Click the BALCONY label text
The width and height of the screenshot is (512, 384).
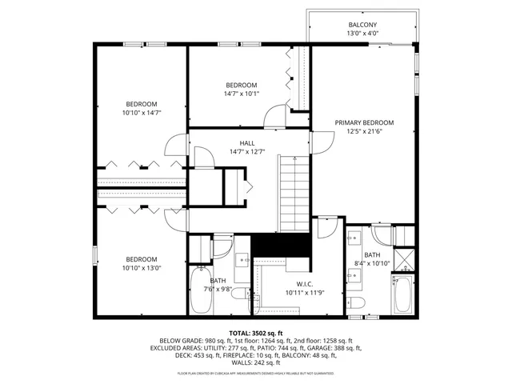pyautogui.click(x=362, y=25)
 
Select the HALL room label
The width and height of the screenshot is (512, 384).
pyautogui.click(x=235, y=142)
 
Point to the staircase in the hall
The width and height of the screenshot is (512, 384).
pyautogui.click(x=293, y=193)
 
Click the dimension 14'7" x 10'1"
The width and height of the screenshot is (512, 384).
pyautogui.click(x=241, y=94)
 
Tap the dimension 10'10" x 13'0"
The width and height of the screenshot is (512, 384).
pyautogui.click(x=142, y=268)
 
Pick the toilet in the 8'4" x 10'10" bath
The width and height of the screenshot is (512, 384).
pyautogui.click(x=358, y=302)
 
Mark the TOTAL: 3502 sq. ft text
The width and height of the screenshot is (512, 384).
pyautogui.click(x=256, y=333)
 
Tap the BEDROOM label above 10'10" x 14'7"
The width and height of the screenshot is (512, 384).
pyautogui.click(x=142, y=104)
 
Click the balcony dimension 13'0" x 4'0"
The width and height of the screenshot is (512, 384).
pyautogui.click(x=362, y=34)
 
